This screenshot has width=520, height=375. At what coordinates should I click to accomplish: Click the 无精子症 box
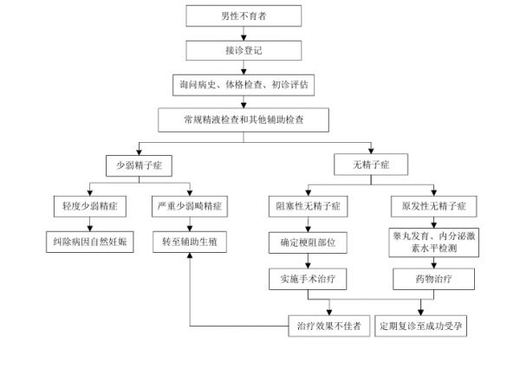pos(370,165)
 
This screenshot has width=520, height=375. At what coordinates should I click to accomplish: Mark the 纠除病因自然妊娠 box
pos(87,243)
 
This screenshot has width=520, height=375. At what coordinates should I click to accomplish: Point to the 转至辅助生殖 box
pos(190,243)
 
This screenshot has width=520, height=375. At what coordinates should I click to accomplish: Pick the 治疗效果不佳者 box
pos(329,326)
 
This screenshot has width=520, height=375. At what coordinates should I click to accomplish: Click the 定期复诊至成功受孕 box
pos(422,326)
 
